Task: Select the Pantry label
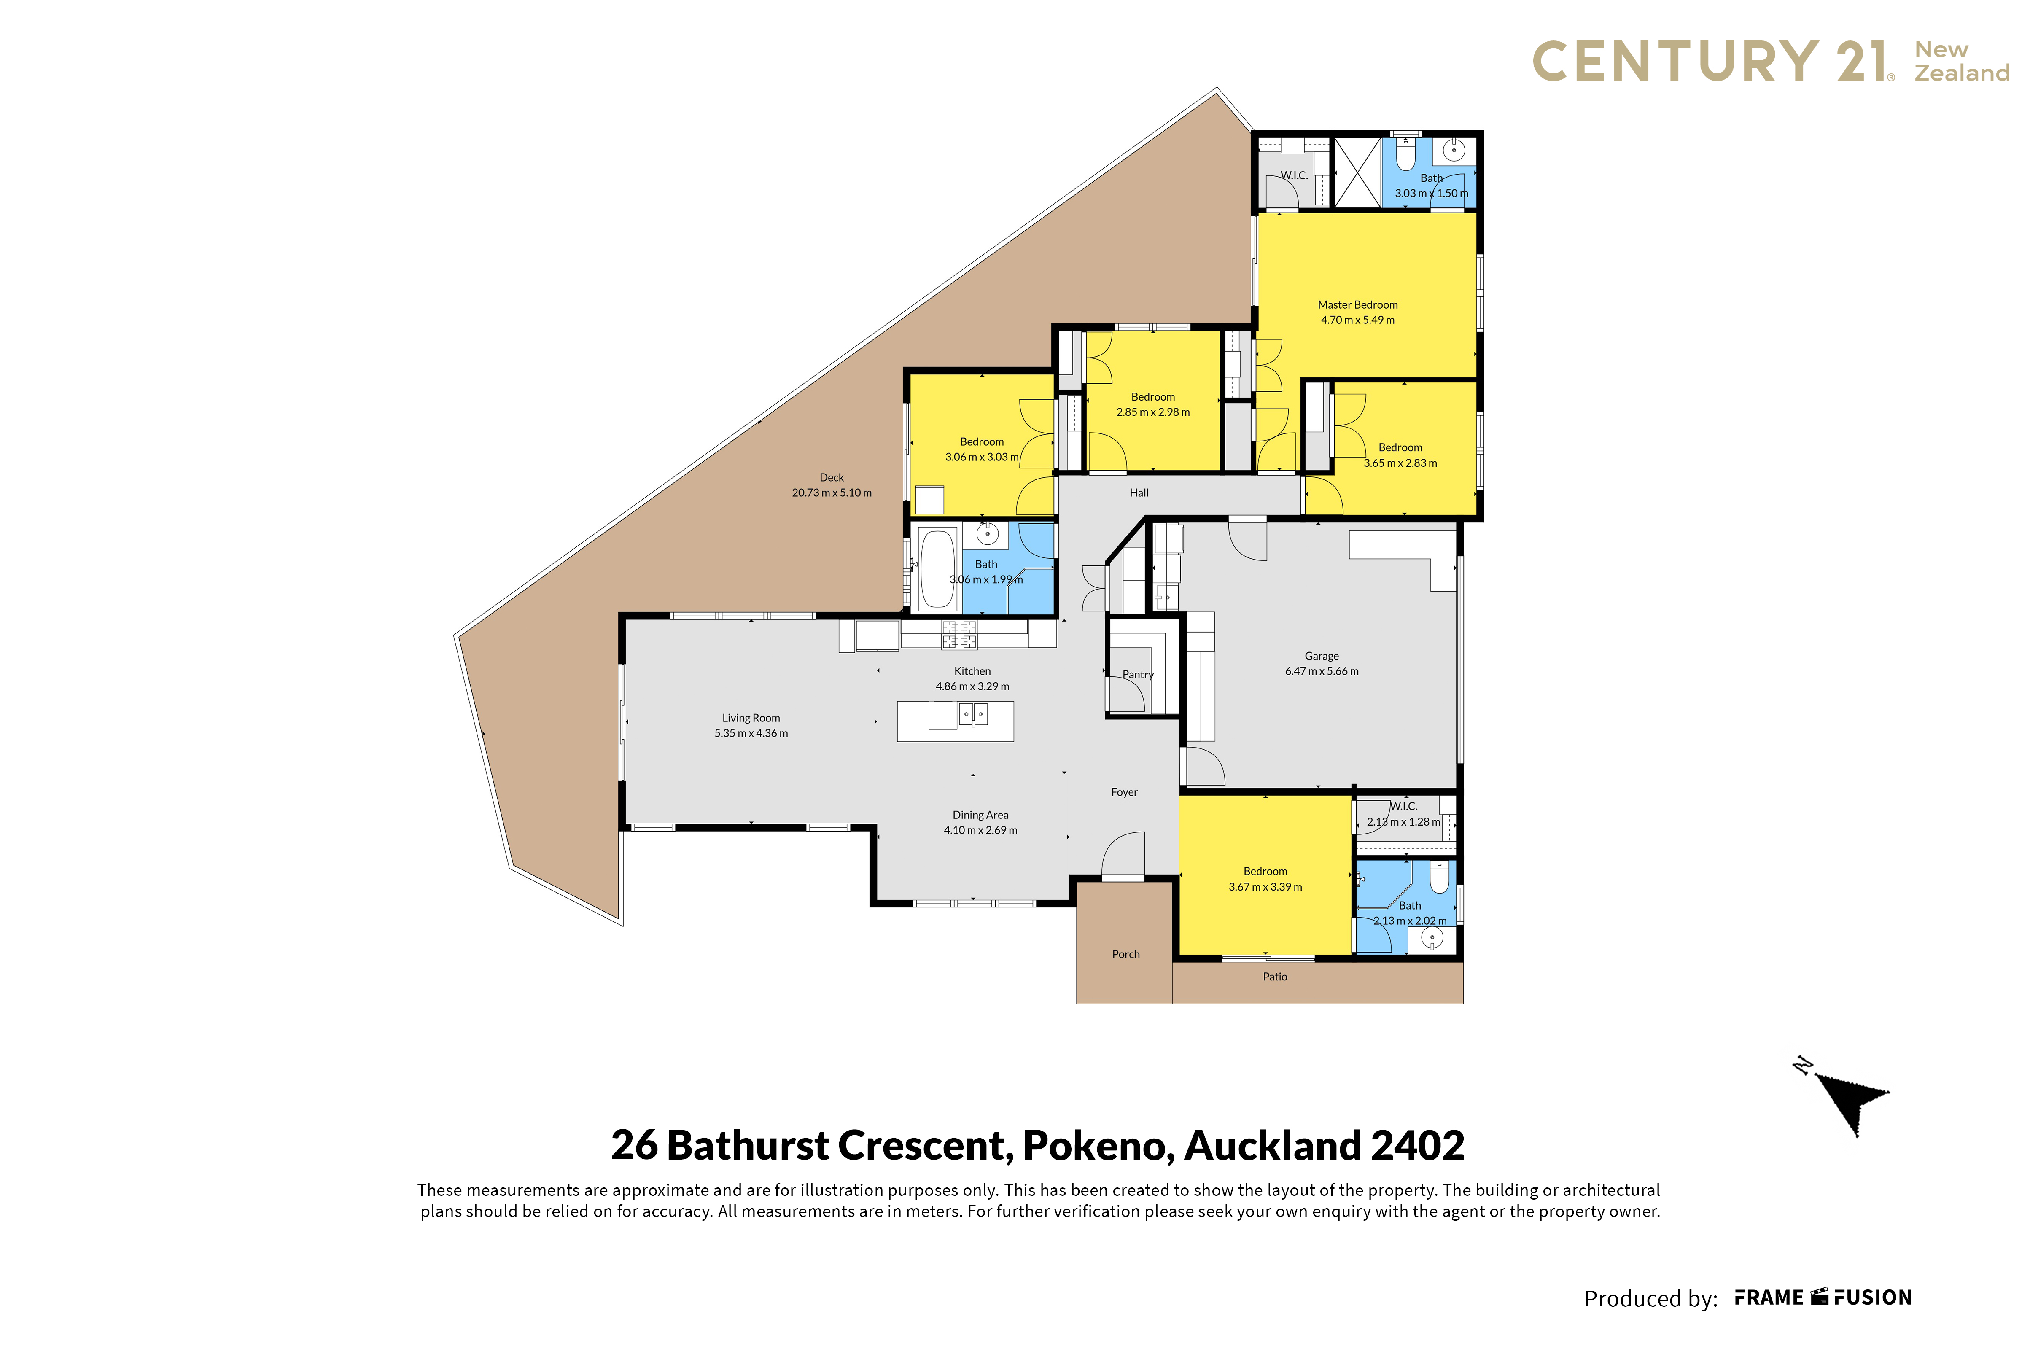(1138, 674)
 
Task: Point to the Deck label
(832, 477)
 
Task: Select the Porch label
(1126, 954)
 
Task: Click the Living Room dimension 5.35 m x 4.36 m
(751, 733)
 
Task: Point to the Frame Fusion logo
(1823, 1298)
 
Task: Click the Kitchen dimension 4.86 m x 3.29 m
(972, 686)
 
